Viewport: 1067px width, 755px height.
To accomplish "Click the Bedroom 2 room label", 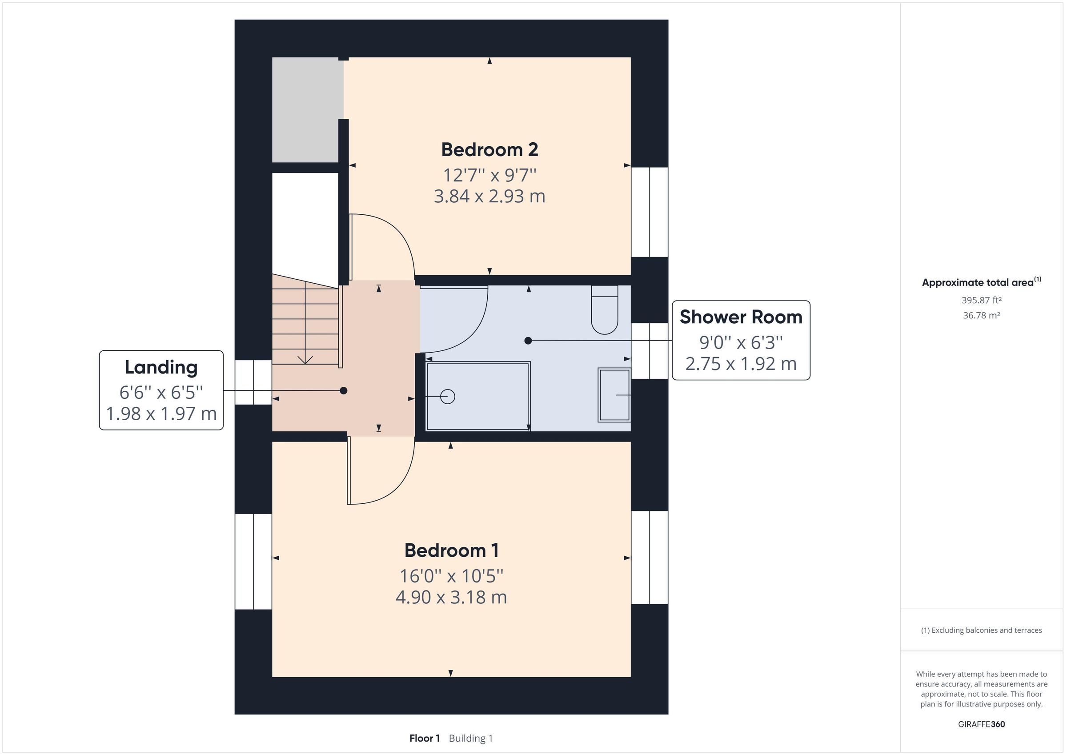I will [489, 150].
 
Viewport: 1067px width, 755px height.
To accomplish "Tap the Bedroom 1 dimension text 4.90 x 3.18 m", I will [451, 597].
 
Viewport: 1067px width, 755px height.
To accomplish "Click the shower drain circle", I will [448, 397].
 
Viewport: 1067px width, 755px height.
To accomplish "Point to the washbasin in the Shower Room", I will [614, 395].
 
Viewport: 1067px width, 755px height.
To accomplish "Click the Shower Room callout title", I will [741, 317].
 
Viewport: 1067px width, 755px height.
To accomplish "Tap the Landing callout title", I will [161, 367].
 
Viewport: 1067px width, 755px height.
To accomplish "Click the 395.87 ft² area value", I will [981, 300].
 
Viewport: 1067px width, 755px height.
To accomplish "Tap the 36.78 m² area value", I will [981, 315].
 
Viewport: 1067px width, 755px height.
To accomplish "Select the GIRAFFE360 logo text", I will [981, 724].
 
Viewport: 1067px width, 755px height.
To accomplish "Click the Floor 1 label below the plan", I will [424, 738].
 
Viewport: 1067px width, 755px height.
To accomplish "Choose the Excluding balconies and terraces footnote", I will [981, 630].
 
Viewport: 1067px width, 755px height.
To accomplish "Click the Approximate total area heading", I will [978, 283].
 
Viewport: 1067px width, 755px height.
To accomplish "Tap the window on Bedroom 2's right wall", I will [649, 212].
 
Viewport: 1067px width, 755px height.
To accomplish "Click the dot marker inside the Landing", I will [343, 390].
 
